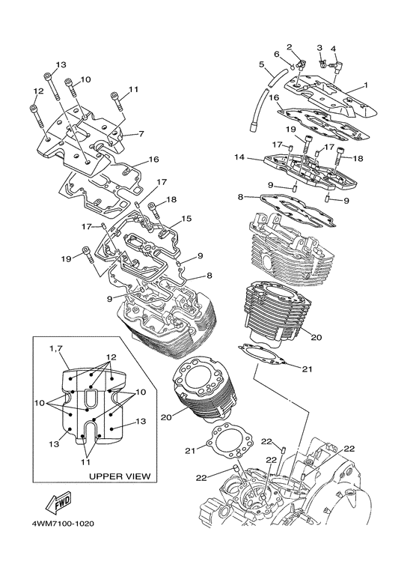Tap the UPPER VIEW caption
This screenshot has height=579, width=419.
pyautogui.click(x=120, y=476)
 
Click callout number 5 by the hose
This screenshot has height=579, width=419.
pyautogui.click(x=262, y=64)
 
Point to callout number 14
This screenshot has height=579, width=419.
pyautogui.click(x=239, y=157)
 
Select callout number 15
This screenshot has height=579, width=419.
pyautogui.click(x=186, y=219)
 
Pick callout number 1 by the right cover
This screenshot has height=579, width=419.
pyautogui.click(x=366, y=85)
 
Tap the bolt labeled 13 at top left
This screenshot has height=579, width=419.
pyautogui.click(x=52, y=86)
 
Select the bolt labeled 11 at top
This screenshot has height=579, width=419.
pyautogui.click(x=116, y=101)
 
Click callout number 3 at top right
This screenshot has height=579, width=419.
pyautogui.click(x=319, y=48)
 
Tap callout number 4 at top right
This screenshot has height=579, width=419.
pyautogui.click(x=334, y=49)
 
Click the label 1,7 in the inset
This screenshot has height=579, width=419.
pyautogui.click(x=56, y=348)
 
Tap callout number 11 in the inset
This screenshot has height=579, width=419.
pyautogui.click(x=85, y=462)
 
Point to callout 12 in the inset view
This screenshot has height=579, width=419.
pyautogui.click(x=111, y=357)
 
